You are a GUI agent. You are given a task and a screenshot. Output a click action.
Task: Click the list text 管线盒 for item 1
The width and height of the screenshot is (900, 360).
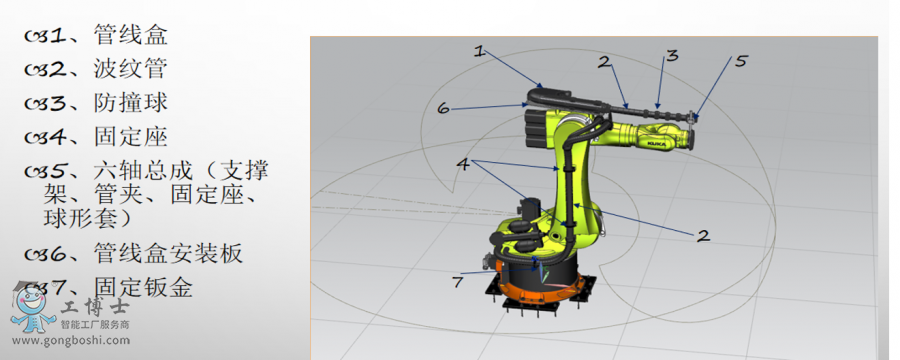pos(130,35)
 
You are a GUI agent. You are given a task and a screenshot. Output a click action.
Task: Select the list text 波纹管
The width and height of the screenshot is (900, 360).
pos(130,69)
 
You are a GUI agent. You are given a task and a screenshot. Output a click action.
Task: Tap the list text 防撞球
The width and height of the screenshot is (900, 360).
pos(130,103)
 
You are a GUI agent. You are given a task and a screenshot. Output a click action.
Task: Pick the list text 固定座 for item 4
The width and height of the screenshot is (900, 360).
pos(130,137)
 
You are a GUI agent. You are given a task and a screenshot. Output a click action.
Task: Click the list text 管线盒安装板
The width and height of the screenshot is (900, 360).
pos(168,253)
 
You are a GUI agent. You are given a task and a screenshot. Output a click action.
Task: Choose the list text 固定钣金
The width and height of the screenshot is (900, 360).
pos(143,287)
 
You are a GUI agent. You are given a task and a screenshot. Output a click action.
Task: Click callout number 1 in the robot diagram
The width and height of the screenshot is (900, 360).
pos(479,52)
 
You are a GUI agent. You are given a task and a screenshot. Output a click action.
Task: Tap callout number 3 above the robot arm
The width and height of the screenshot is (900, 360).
pos(672,55)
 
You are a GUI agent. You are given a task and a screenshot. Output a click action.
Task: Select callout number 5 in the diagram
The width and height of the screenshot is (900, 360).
pos(741,60)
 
